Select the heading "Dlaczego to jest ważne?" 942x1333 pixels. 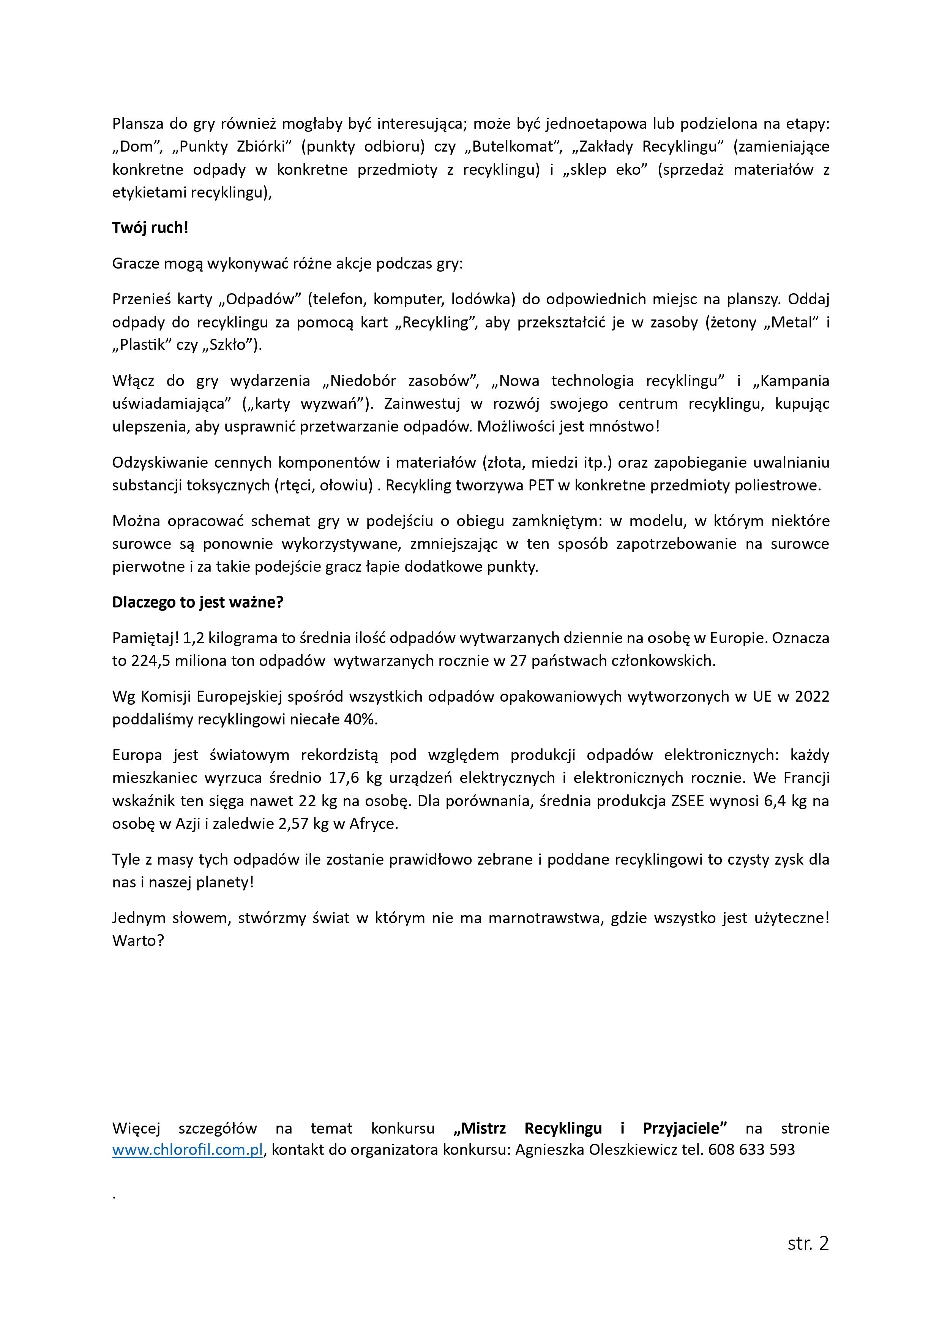click(197, 602)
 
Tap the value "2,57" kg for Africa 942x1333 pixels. click(295, 824)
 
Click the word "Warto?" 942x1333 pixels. click(138, 941)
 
